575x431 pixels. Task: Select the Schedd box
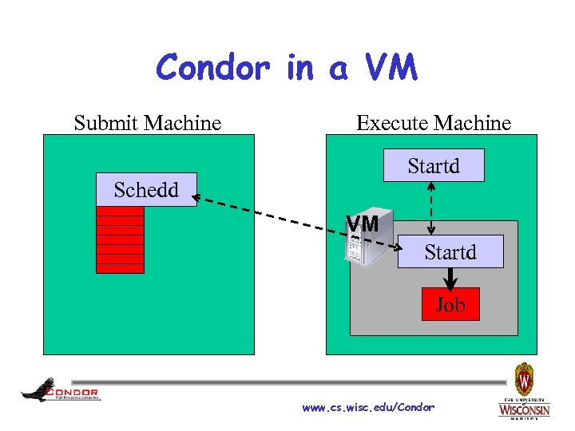[x=146, y=190]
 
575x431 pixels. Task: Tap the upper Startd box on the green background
[x=434, y=166]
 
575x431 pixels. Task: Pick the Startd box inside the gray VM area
[x=450, y=251]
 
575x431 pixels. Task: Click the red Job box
[x=450, y=304]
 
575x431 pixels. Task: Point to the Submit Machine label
[x=147, y=123]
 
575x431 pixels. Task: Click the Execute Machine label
[x=434, y=123]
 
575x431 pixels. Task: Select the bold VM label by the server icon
[x=363, y=224]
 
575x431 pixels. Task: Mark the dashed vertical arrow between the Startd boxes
[x=431, y=208]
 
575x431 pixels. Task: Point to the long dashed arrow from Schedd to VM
[x=272, y=213]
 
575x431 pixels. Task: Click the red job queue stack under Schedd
[x=120, y=239]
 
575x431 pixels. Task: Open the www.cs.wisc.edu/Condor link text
[x=368, y=408]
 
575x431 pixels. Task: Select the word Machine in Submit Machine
[x=186, y=123]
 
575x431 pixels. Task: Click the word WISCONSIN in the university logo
[x=524, y=409]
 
